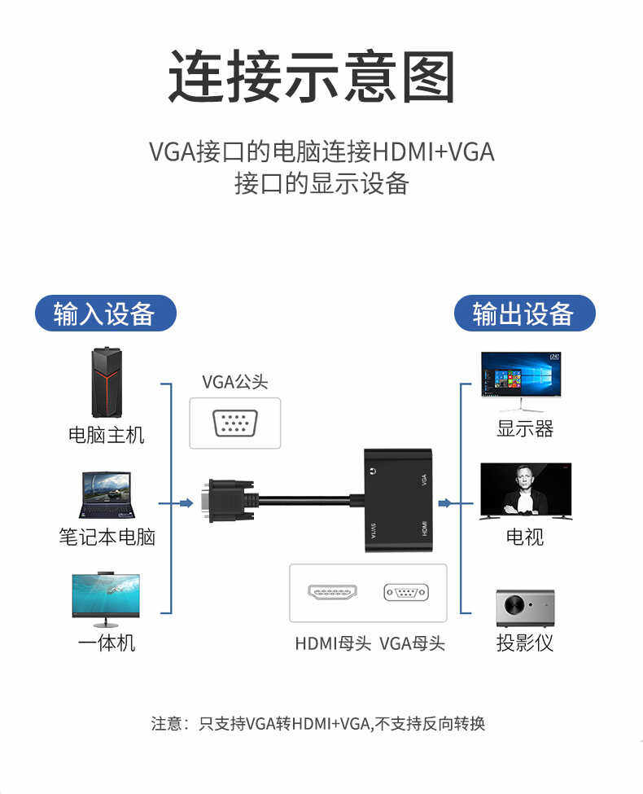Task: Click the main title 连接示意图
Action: pyautogui.click(x=311, y=77)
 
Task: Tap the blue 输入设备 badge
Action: pyautogui.click(x=105, y=314)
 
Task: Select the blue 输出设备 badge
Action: pyautogui.click(x=524, y=314)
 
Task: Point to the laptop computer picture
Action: pyautogui.click(x=106, y=495)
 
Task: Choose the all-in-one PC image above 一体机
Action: pyautogui.click(x=106, y=596)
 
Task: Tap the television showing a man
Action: pyautogui.click(x=525, y=490)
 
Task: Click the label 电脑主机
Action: pyautogui.click(x=106, y=435)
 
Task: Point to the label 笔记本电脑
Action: pyautogui.click(x=107, y=537)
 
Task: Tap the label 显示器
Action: pyautogui.click(x=525, y=428)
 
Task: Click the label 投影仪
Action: pyautogui.click(x=525, y=643)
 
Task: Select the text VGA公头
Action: pyautogui.click(x=234, y=381)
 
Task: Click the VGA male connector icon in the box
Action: pyautogui.click(x=235, y=424)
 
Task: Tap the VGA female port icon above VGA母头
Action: pyautogui.click(x=405, y=593)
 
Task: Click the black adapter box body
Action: pyautogui.click(x=398, y=499)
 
